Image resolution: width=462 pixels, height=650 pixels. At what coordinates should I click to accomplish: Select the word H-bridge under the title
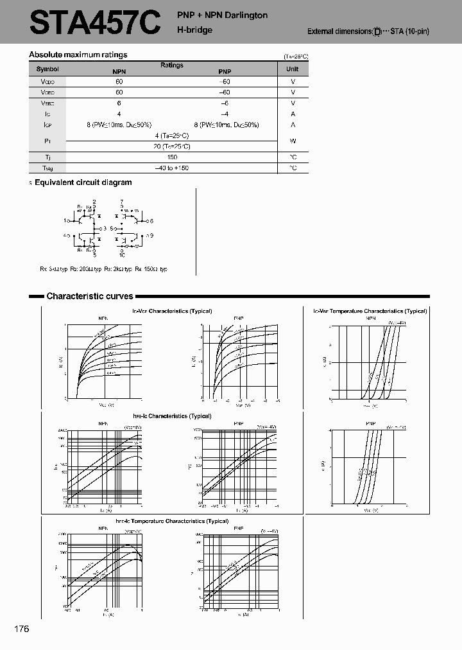tap(194, 30)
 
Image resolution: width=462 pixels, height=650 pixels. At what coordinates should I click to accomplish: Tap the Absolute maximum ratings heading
tap(78, 55)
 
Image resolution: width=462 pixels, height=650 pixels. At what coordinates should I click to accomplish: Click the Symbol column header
tap(47, 69)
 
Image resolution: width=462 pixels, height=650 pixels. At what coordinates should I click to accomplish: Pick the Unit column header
tap(293, 69)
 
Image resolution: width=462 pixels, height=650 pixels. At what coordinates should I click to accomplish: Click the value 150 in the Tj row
tap(171, 157)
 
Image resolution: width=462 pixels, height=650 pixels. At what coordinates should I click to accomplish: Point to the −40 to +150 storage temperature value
tap(171, 168)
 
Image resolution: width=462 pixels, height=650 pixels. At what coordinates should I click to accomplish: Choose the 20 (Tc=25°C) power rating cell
tap(171, 146)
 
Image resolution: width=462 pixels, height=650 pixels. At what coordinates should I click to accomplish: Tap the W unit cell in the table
tap(293, 141)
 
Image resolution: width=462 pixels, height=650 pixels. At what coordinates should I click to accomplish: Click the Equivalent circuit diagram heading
tap(83, 182)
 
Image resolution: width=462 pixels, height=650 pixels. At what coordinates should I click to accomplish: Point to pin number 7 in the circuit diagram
tap(122, 201)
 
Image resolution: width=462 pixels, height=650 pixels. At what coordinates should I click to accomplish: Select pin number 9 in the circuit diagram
tap(151, 236)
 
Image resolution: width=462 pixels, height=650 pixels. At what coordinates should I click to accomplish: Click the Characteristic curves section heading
tap(89, 296)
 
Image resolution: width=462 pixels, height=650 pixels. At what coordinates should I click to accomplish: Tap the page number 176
tap(21, 629)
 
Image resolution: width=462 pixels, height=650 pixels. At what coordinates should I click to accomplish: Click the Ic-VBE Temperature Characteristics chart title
tap(370, 311)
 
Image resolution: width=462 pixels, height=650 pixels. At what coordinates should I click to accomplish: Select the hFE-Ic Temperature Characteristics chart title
tap(172, 521)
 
